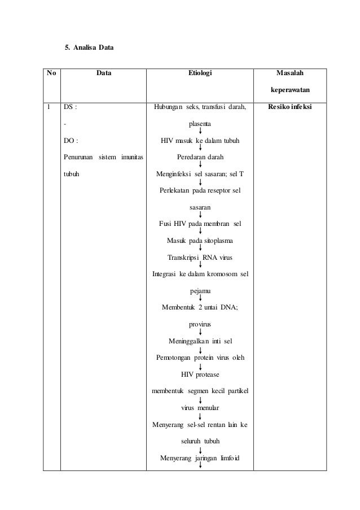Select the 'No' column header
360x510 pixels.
pyautogui.click(x=51, y=72)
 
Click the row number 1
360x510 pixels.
pyautogui.click(x=50, y=106)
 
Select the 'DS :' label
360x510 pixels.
pyautogui.click(x=70, y=106)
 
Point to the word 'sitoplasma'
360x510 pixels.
pyautogui.click(x=216, y=241)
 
